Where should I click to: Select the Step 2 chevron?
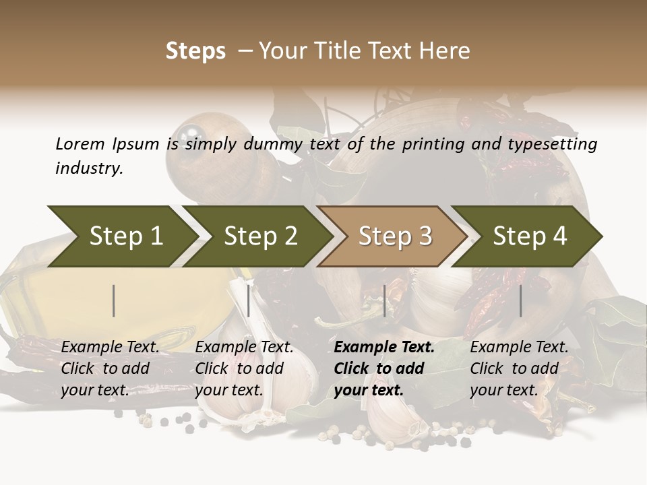coord(259,236)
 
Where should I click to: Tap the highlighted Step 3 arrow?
coord(394,236)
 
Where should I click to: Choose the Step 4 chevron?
coord(529,236)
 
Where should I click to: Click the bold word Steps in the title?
coord(195,51)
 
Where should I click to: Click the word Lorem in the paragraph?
coord(80,143)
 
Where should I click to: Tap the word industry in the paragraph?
coord(88,168)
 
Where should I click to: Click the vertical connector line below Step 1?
coord(114,300)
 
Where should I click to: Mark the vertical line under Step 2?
coord(249,300)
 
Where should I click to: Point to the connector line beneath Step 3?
coord(384,300)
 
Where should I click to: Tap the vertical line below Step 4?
coord(520,300)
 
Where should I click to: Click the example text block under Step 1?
coord(110,368)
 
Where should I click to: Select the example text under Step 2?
coord(244,368)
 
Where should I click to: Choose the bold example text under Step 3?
coord(384,368)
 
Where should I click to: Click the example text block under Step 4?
coord(519,368)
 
